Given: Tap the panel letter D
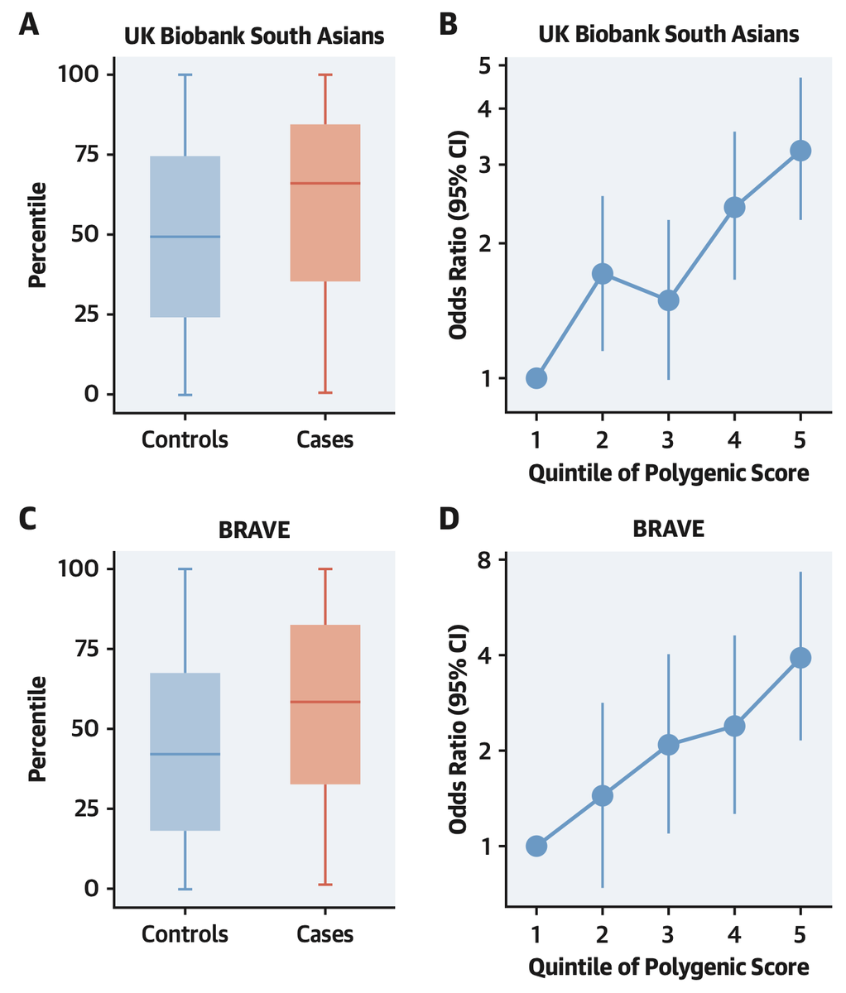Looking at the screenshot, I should pyautogui.click(x=449, y=520).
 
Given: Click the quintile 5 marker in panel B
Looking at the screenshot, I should pyautogui.click(x=800, y=151).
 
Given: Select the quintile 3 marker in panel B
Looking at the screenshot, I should pyautogui.click(x=668, y=300).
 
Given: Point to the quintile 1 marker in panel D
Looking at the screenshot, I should pyautogui.click(x=536, y=846).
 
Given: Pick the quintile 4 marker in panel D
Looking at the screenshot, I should pyautogui.click(x=734, y=726).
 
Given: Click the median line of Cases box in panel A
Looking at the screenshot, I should pyautogui.click(x=324, y=183).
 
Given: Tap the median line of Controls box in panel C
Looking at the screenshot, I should pyautogui.click(x=185, y=754).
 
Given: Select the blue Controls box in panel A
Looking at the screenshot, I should pyautogui.click(x=185, y=273).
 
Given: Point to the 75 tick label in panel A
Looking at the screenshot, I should pyautogui.click(x=78, y=154).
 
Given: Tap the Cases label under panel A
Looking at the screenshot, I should pyautogui.click(x=324, y=439).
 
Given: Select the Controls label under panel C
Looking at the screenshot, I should pyautogui.click(x=185, y=934).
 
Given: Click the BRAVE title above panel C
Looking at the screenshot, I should pyautogui.click(x=254, y=530).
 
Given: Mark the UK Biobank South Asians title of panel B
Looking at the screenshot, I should pyautogui.click(x=668, y=35).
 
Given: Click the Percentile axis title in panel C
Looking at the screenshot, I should pyautogui.click(x=37, y=728).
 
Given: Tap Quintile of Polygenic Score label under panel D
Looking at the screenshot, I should pyautogui.click(x=668, y=967).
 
